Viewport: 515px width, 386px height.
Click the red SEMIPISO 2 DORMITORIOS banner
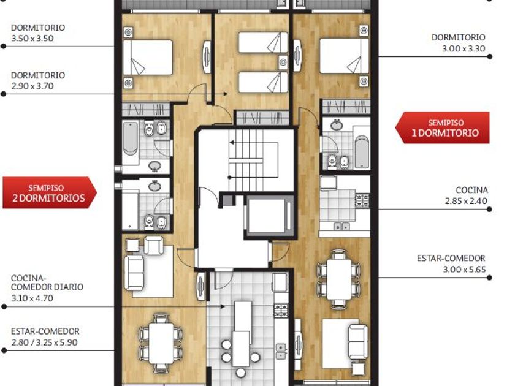point(50,192)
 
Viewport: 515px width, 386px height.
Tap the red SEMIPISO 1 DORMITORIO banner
point(443,127)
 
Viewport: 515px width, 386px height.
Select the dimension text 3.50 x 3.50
point(32,39)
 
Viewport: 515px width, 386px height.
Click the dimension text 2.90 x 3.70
point(32,86)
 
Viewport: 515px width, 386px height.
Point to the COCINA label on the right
point(472,190)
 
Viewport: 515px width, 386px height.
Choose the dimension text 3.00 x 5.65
point(464,270)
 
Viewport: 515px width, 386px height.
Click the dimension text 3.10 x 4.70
point(32,298)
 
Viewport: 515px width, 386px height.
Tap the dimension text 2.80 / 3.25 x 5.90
point(44,342)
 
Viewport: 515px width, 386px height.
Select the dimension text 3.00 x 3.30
point(464,48)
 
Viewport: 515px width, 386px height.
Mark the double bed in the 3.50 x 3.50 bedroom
point(148,58)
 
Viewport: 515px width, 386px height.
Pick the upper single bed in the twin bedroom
point(263,42)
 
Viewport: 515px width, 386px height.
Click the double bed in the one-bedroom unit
point(344,56)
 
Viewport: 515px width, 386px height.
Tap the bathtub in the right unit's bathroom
point(361,153)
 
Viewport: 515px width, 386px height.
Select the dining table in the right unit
point(339,279)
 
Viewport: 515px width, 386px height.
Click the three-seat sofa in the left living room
point(134,273)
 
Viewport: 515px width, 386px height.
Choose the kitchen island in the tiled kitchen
point(242,333)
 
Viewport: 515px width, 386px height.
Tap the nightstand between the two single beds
point(283,62)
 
